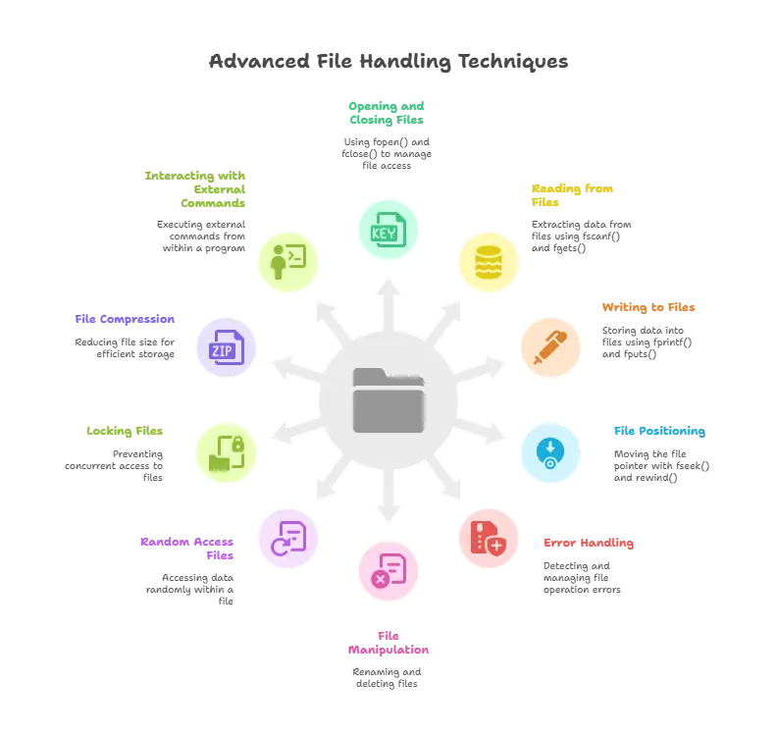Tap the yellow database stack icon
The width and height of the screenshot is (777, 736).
(488, 262)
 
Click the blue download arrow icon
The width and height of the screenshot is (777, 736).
(549, 452)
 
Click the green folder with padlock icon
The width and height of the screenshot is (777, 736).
(228, 452)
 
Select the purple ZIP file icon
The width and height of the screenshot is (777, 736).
(227, 346)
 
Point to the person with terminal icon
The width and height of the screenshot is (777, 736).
(288, 262)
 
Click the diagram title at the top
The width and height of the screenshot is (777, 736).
(388, 61)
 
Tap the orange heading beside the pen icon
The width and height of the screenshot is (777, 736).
(647, 306)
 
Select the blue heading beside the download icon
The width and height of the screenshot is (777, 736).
(659, 431)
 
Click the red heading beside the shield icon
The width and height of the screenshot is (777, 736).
(589, 542)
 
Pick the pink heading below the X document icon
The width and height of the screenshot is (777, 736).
(388, 643)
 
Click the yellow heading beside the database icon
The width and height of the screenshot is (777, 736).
(573, 194)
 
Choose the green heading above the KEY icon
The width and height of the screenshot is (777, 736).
(388, 111)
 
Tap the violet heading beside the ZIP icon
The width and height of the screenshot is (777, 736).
(125, 320)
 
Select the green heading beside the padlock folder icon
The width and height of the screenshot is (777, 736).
(125, 431)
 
